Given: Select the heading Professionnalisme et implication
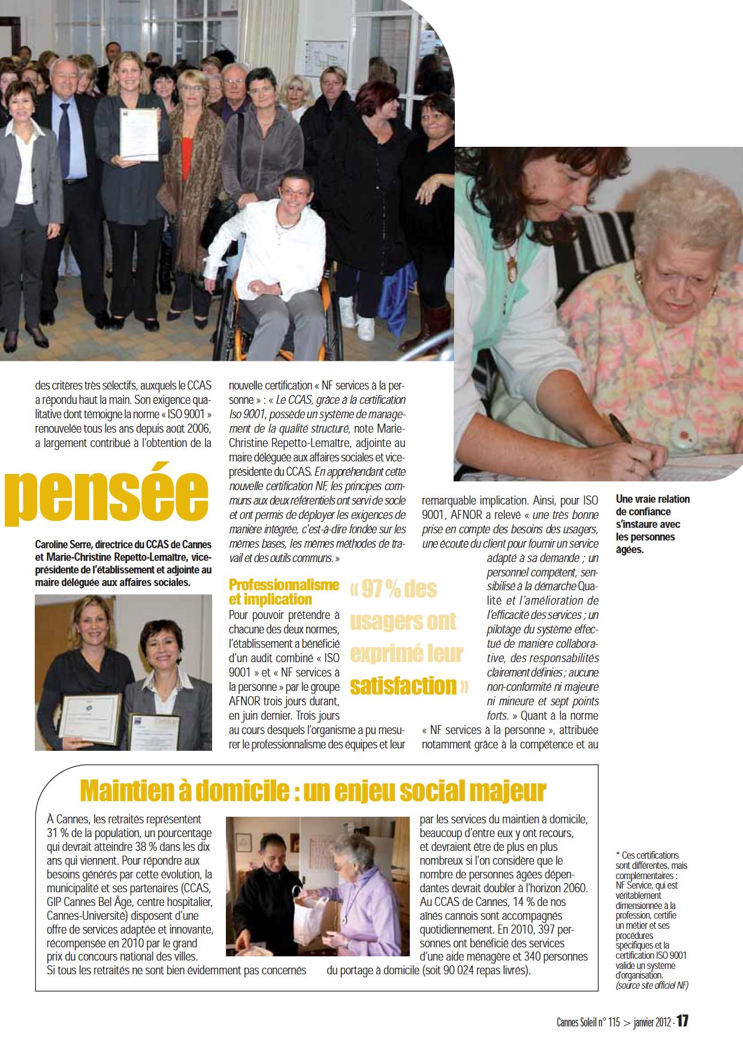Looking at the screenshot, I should tap(284, 592).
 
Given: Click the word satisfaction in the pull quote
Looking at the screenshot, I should tap(403, 685).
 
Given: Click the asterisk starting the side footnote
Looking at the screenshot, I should tap(618, 855).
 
